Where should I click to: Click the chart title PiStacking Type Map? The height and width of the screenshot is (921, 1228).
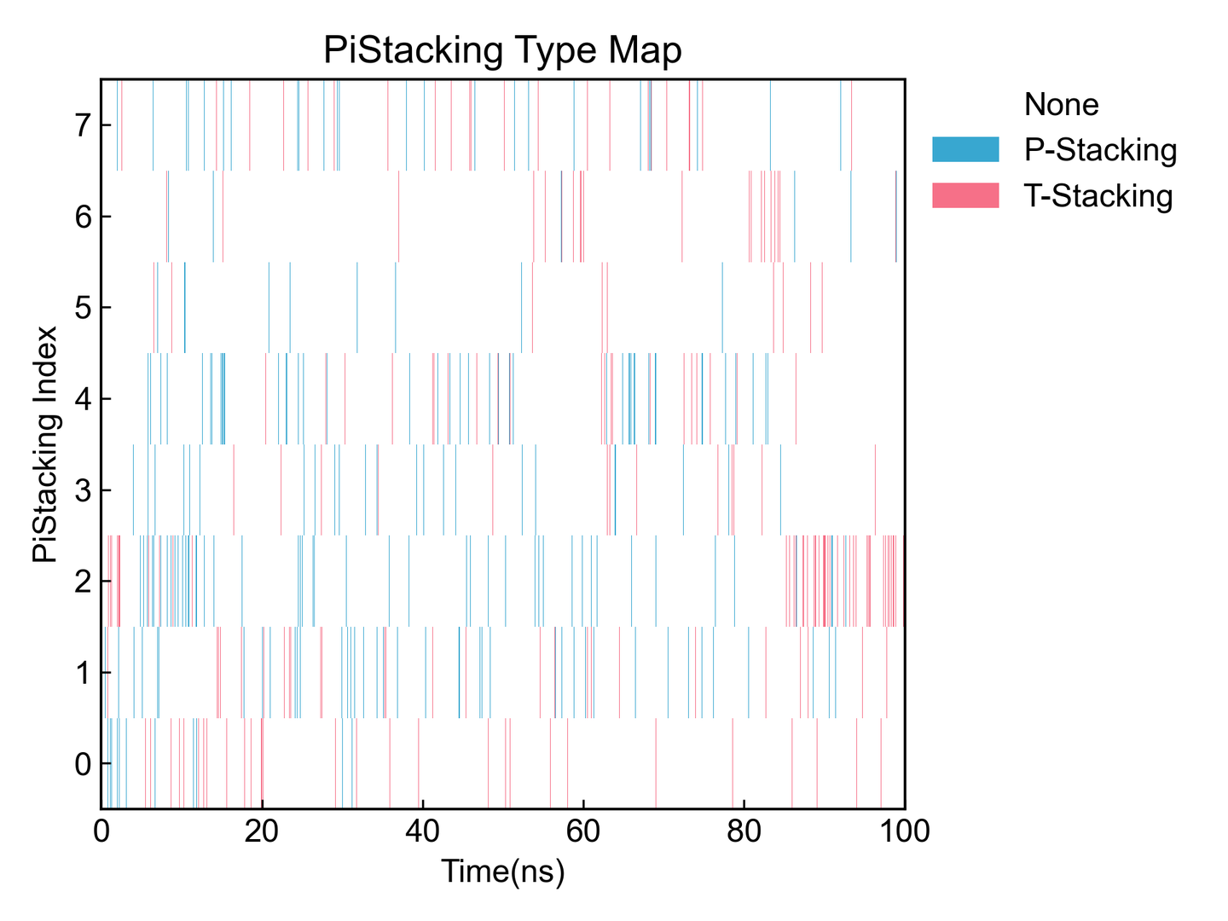point(502,50)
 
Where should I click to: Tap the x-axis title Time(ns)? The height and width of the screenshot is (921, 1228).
point(502,872)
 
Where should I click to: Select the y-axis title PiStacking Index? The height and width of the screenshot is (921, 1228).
point(45,444)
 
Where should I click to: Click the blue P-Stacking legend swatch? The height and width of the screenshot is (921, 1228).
point(965,149)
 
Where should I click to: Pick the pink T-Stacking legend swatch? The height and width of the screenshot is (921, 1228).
point(965,195)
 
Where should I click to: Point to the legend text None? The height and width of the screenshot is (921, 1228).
point(1061,104)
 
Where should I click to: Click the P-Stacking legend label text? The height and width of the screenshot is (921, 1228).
point(1100,150)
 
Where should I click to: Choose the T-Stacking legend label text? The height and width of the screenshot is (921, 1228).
point(1098,196)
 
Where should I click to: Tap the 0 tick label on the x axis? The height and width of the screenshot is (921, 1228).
point(101,831)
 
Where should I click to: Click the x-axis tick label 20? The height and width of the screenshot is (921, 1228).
point(262,831)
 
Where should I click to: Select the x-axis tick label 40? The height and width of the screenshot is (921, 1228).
point(422,831)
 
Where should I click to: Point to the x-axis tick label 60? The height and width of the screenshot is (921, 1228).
point(583,831)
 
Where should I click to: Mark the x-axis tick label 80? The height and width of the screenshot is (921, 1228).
point(744,831)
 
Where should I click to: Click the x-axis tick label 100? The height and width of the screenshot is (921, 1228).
point(904,831)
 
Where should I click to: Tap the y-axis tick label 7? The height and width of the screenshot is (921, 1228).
point(82,126)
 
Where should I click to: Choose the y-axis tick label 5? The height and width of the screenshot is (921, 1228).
point(82,308)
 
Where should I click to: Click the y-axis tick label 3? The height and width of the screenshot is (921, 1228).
point(82,490)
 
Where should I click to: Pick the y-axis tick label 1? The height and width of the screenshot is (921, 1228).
point(82,673)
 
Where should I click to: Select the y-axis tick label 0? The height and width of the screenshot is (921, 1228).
point(82,764)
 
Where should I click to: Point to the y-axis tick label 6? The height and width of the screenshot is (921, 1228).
point(82,217)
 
